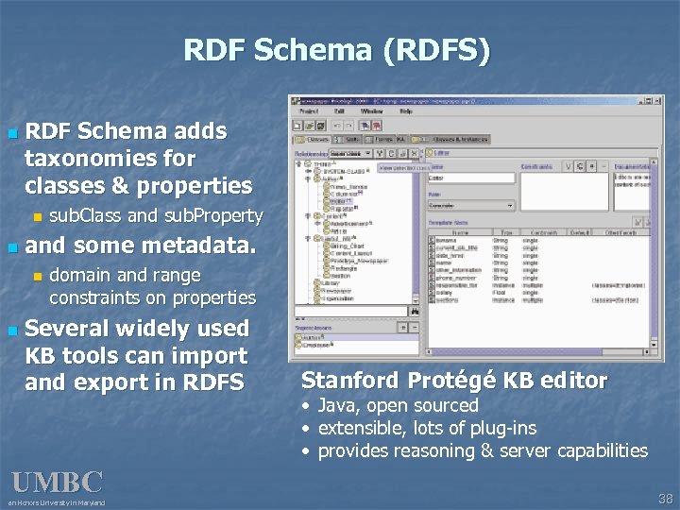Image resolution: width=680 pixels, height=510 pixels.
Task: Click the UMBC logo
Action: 57,483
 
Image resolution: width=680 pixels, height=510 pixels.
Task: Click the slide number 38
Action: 665,498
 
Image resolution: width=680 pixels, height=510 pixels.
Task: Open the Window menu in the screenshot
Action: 371,111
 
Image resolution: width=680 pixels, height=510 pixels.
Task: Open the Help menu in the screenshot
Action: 406,111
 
